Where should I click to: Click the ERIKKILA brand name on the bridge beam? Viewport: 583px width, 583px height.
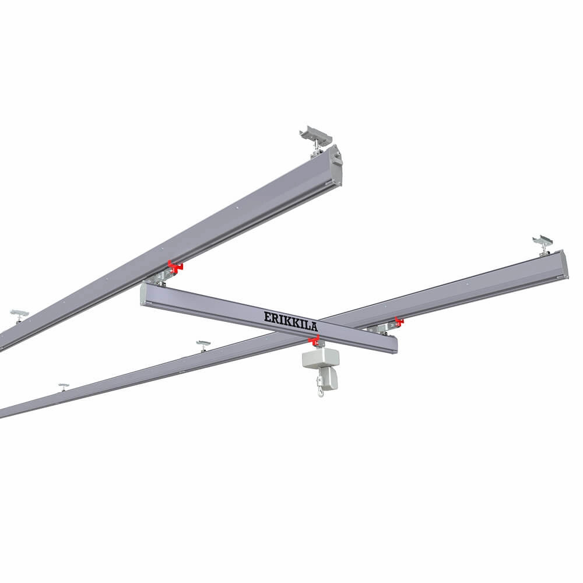[291, 320]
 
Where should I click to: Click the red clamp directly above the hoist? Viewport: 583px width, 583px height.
[314, 340]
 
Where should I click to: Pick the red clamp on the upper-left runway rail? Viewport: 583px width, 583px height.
[174, 266]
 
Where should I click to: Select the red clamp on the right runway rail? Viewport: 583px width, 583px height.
[399, 322]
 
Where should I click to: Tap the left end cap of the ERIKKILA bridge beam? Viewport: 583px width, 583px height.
[143, 295]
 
